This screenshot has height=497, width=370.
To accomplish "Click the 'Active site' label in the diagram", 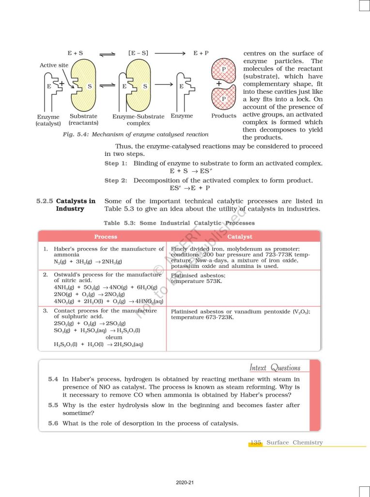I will (x=54, y=65).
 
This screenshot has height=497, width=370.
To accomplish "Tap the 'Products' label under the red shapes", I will (x=224, y=116).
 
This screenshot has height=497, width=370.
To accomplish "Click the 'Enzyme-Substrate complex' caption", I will (x=139, y=120).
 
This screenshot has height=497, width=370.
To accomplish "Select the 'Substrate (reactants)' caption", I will (x=83, y=119).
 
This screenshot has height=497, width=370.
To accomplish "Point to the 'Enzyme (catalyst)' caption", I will (x=48, y=120).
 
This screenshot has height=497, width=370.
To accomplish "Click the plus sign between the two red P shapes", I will (x=219, y=84).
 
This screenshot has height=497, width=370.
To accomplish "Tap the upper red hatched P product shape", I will (x=223, y=70).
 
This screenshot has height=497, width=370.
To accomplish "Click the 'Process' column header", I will (x=106, y=237).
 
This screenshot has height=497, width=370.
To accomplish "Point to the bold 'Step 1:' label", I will (x=116, y=164).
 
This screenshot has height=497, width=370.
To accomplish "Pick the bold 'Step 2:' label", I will (x=116, y=181).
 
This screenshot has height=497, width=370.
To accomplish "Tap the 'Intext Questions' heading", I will (x=275, y=368).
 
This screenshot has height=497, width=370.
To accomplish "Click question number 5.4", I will (x=53, y=379).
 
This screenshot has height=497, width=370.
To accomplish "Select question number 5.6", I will (x=53, y=423).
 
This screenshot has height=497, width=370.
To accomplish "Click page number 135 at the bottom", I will (x=256, y=443).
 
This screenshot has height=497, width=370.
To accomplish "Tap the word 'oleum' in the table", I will (x=114, y=337).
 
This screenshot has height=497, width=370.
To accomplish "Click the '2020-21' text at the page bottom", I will (x=185, y=482).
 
